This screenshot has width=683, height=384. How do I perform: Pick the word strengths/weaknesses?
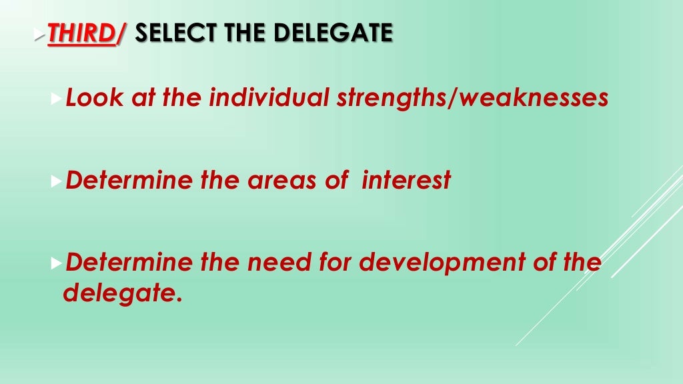pyautogui.click(x=472, y=99)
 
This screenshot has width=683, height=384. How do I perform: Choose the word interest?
pyautogui.click(x=406, y=180)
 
